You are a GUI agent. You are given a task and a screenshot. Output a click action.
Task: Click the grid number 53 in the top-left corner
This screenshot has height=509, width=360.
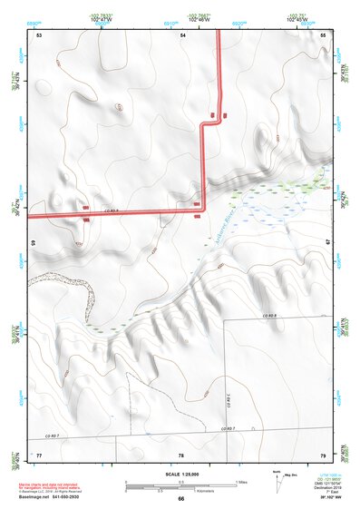point(39,34)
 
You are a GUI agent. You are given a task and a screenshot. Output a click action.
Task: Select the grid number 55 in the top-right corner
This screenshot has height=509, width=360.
point(323,34)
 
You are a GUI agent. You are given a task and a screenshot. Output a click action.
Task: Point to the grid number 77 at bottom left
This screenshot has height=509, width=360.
point(39,454)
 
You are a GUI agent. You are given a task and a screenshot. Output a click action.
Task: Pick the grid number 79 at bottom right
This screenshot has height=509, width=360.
point(322,454)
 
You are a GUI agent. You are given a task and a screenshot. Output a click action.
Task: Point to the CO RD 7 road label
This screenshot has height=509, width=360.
point(230,427)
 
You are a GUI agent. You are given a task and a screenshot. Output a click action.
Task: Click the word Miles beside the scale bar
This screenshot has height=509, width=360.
point(241,482)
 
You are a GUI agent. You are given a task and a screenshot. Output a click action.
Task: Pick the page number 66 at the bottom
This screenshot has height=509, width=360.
point(181,499)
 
